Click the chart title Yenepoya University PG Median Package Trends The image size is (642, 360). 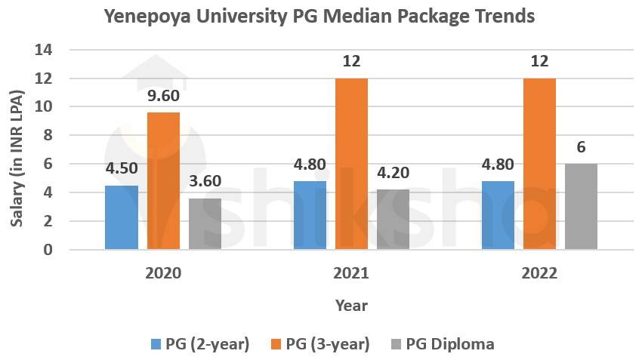[319, 16]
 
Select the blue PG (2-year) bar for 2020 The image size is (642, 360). [122, 217]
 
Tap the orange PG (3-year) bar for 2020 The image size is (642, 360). [163, 181]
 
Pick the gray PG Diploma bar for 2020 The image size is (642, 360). [205, 224]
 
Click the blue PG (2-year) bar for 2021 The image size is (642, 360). [310, 215]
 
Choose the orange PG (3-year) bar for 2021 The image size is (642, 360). [351, 164]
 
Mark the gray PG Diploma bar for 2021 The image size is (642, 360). [393, 220]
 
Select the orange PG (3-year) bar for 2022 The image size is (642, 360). [539, 164]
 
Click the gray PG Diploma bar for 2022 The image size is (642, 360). [581, 207]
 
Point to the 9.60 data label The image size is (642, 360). [163, 97]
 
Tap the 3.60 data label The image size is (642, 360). [205, 183]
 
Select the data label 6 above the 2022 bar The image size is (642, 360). [581, 147]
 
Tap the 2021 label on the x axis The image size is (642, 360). [351, 272]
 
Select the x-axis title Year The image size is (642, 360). [351, 306]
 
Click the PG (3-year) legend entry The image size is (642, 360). [319, 344]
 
